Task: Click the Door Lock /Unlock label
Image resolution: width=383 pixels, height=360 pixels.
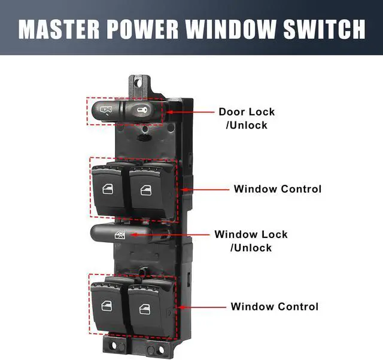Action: (246, 118)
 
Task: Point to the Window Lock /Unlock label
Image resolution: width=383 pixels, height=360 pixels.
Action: (251, 241)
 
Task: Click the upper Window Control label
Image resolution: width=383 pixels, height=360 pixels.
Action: (277, 189)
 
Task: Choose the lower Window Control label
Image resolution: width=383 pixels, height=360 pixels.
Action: (275, 307)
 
